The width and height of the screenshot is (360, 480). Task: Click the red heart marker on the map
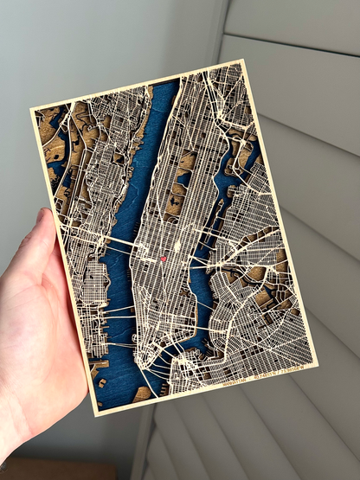pos(162,259)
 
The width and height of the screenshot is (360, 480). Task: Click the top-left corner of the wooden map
pos(32,111)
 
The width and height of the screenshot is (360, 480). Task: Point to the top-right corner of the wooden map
pos(243,61)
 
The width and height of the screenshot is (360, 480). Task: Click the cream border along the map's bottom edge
pos(208,391)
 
